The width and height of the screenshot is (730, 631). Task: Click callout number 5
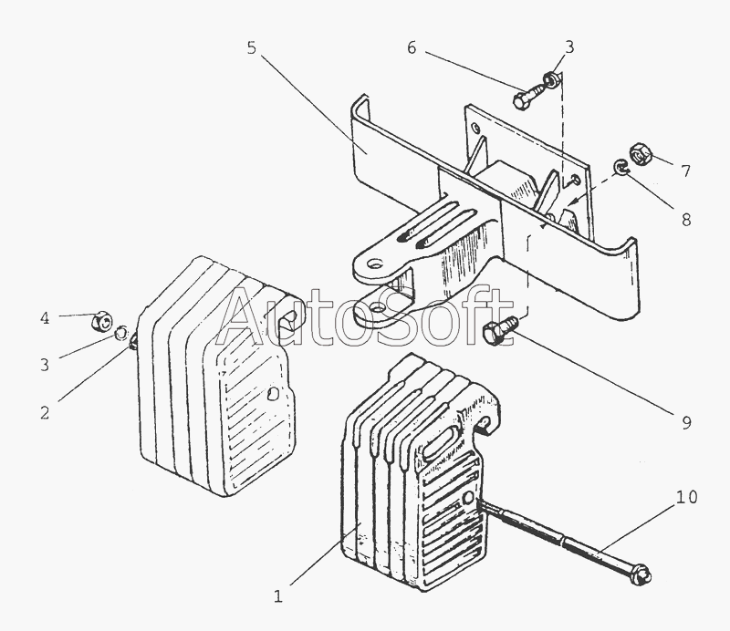point(251,47)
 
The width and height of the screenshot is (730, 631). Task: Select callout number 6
point(412,48)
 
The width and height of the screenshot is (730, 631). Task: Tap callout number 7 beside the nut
point(686,170)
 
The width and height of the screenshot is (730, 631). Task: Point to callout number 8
point(686,219)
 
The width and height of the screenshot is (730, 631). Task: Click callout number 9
point(686,421)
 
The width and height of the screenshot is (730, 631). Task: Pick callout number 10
point(686,497)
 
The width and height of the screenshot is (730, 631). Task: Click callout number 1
point(279,597)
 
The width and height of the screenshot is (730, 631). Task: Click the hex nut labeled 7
point(638,155)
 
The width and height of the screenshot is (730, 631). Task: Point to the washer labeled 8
point(619,167)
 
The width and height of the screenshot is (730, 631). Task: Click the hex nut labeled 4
point(102,321)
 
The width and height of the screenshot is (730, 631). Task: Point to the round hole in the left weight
point(273,395)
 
